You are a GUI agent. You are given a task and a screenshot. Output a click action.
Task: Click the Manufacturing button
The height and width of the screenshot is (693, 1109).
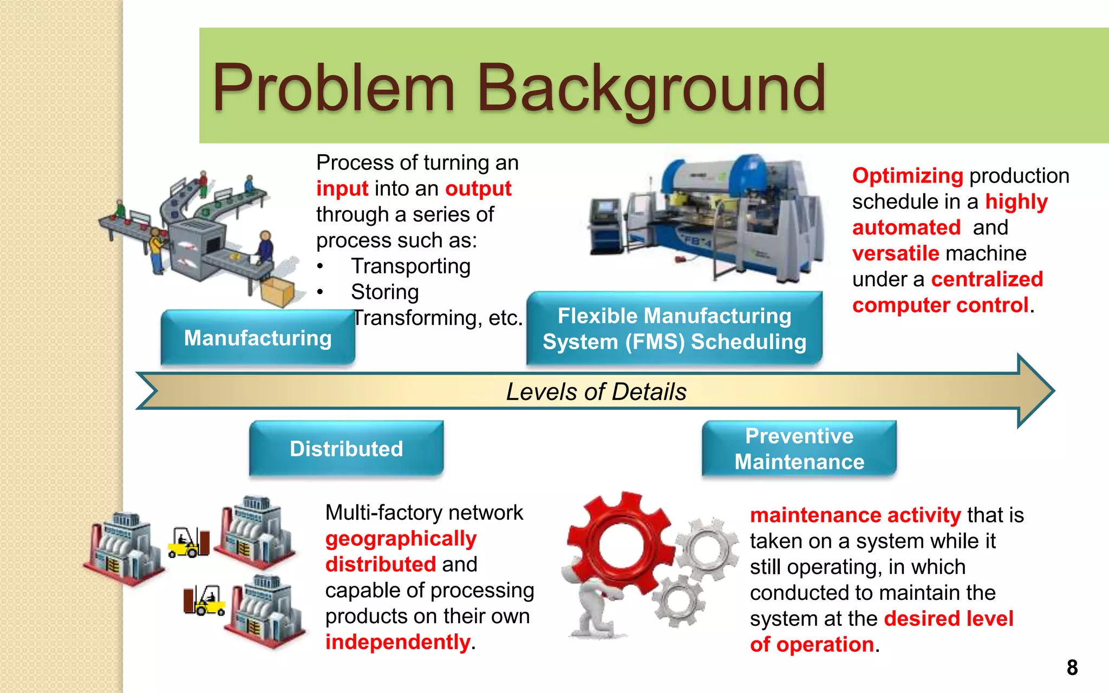(x=258, y=338)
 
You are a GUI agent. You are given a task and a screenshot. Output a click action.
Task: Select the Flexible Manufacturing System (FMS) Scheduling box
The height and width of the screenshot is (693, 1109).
(x=674, y=329)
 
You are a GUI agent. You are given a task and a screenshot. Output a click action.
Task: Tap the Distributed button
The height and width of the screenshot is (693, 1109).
(x=346, y=449)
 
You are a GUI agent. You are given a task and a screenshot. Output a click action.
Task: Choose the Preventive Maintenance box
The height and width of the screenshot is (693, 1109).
(x=799, y=449)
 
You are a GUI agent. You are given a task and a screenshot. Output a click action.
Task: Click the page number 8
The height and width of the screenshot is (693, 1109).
(x=1072, y=668)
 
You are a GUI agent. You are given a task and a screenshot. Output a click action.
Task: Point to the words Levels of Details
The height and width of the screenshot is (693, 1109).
(x=596, y=391)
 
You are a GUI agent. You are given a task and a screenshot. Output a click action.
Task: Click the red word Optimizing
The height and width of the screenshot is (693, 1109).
(x=908, y=176)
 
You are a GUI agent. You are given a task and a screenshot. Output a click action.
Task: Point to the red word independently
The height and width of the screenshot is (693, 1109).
(x=397, y=642)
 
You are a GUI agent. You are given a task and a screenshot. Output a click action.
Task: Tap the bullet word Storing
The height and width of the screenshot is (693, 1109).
(x=384, y=292)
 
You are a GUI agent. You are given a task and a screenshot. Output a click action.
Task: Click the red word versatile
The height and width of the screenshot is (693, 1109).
(x=896, y=253)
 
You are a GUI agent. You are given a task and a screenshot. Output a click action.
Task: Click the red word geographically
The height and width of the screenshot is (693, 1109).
(x=401, y=539)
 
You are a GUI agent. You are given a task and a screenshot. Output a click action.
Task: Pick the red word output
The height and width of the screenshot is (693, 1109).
(x=478, y=188)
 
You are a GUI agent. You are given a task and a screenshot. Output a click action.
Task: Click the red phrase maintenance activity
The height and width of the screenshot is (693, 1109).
(x=855, y=515)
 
